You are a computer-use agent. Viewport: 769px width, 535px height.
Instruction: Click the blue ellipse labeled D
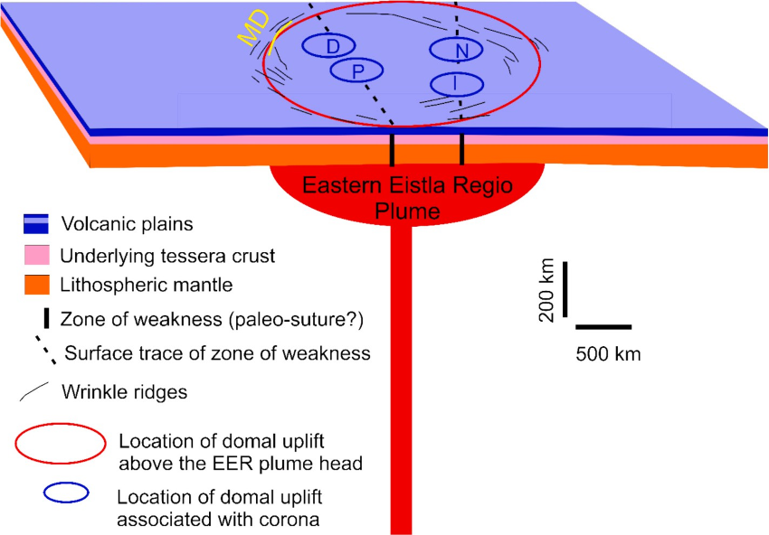332,45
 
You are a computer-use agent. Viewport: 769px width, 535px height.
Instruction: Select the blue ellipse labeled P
357,70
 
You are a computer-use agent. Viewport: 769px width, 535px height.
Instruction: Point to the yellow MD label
254,31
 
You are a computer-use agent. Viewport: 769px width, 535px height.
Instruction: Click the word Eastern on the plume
336,187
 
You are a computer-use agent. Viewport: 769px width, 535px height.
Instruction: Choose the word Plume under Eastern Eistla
408,211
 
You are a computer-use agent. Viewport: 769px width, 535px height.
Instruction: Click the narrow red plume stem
402,380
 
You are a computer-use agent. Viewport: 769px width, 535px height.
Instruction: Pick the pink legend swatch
33,255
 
